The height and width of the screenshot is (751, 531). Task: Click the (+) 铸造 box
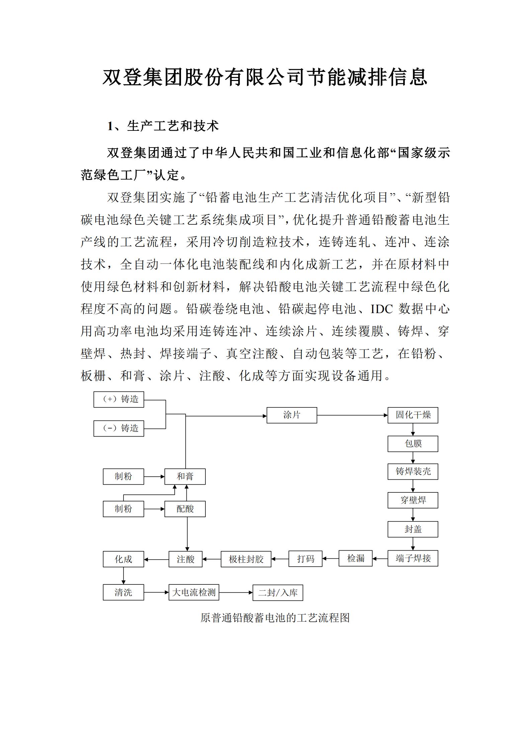pos(119,399)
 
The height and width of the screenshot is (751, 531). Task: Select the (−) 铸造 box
pos(119,428)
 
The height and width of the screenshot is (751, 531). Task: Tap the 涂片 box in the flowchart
pos(291,415)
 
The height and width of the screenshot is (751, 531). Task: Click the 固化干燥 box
pos(413,415)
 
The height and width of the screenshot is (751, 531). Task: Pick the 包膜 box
pos(413,444)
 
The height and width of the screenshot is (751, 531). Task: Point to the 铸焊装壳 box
pos(413,471)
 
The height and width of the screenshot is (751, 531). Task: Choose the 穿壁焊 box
pos(413,500)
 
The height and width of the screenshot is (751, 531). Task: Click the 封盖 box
pos(413,529)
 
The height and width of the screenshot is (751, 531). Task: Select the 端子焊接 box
pos(413,558)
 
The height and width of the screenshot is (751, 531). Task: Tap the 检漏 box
pos(355,558)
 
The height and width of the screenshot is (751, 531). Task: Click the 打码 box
pos(305,559)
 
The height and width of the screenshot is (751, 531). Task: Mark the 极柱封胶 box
pos(246,559)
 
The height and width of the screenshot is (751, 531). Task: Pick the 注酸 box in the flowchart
pos(185,559)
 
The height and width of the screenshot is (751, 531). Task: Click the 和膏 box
pos(185,476)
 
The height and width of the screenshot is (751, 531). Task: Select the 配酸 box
pos(185,509)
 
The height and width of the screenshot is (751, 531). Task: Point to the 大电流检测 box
pos(194,592)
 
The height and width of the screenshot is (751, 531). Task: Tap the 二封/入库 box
pos(278,593)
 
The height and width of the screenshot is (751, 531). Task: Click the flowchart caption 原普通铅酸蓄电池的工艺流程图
pos(275,618)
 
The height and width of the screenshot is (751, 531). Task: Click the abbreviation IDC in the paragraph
pos(381,309)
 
